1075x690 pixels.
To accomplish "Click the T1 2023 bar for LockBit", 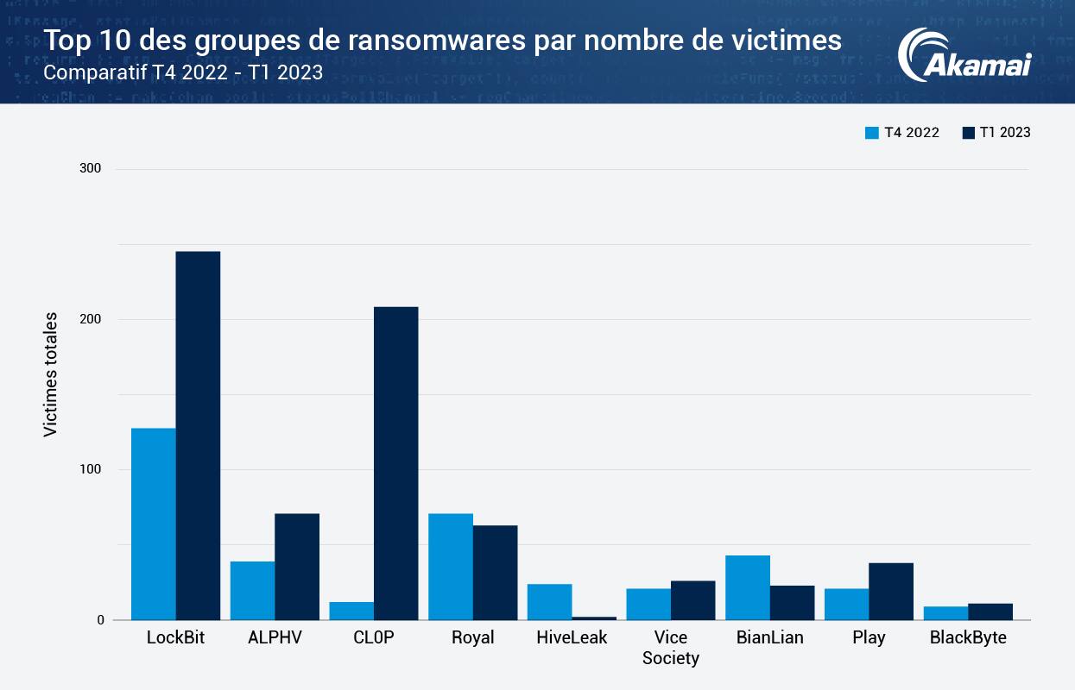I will click(198, 436).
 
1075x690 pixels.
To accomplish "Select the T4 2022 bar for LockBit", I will click(154, 524).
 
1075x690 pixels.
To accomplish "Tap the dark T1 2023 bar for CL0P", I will click(395, 463).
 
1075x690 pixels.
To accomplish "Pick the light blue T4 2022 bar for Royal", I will click(451, 567).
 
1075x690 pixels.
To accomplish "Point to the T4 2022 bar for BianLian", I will click(748, 587).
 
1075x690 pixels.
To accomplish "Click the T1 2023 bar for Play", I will click(891, 591).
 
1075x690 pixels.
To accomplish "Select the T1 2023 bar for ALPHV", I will click(297, 567).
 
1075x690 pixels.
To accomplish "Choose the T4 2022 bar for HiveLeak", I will click(550, 602).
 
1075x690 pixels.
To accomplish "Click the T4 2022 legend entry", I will click(902, 133).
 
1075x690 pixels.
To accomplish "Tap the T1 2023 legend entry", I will click(996, 133).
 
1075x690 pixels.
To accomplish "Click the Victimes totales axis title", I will click(51, 374).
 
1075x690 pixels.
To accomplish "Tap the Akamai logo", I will click(964, 55).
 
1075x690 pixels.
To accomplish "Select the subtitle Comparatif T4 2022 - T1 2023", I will click(183, 72).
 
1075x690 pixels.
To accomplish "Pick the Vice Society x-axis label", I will click(671, 648).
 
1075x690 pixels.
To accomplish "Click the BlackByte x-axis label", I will click(968, 638).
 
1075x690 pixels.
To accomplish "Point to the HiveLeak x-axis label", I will click(572, 638).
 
